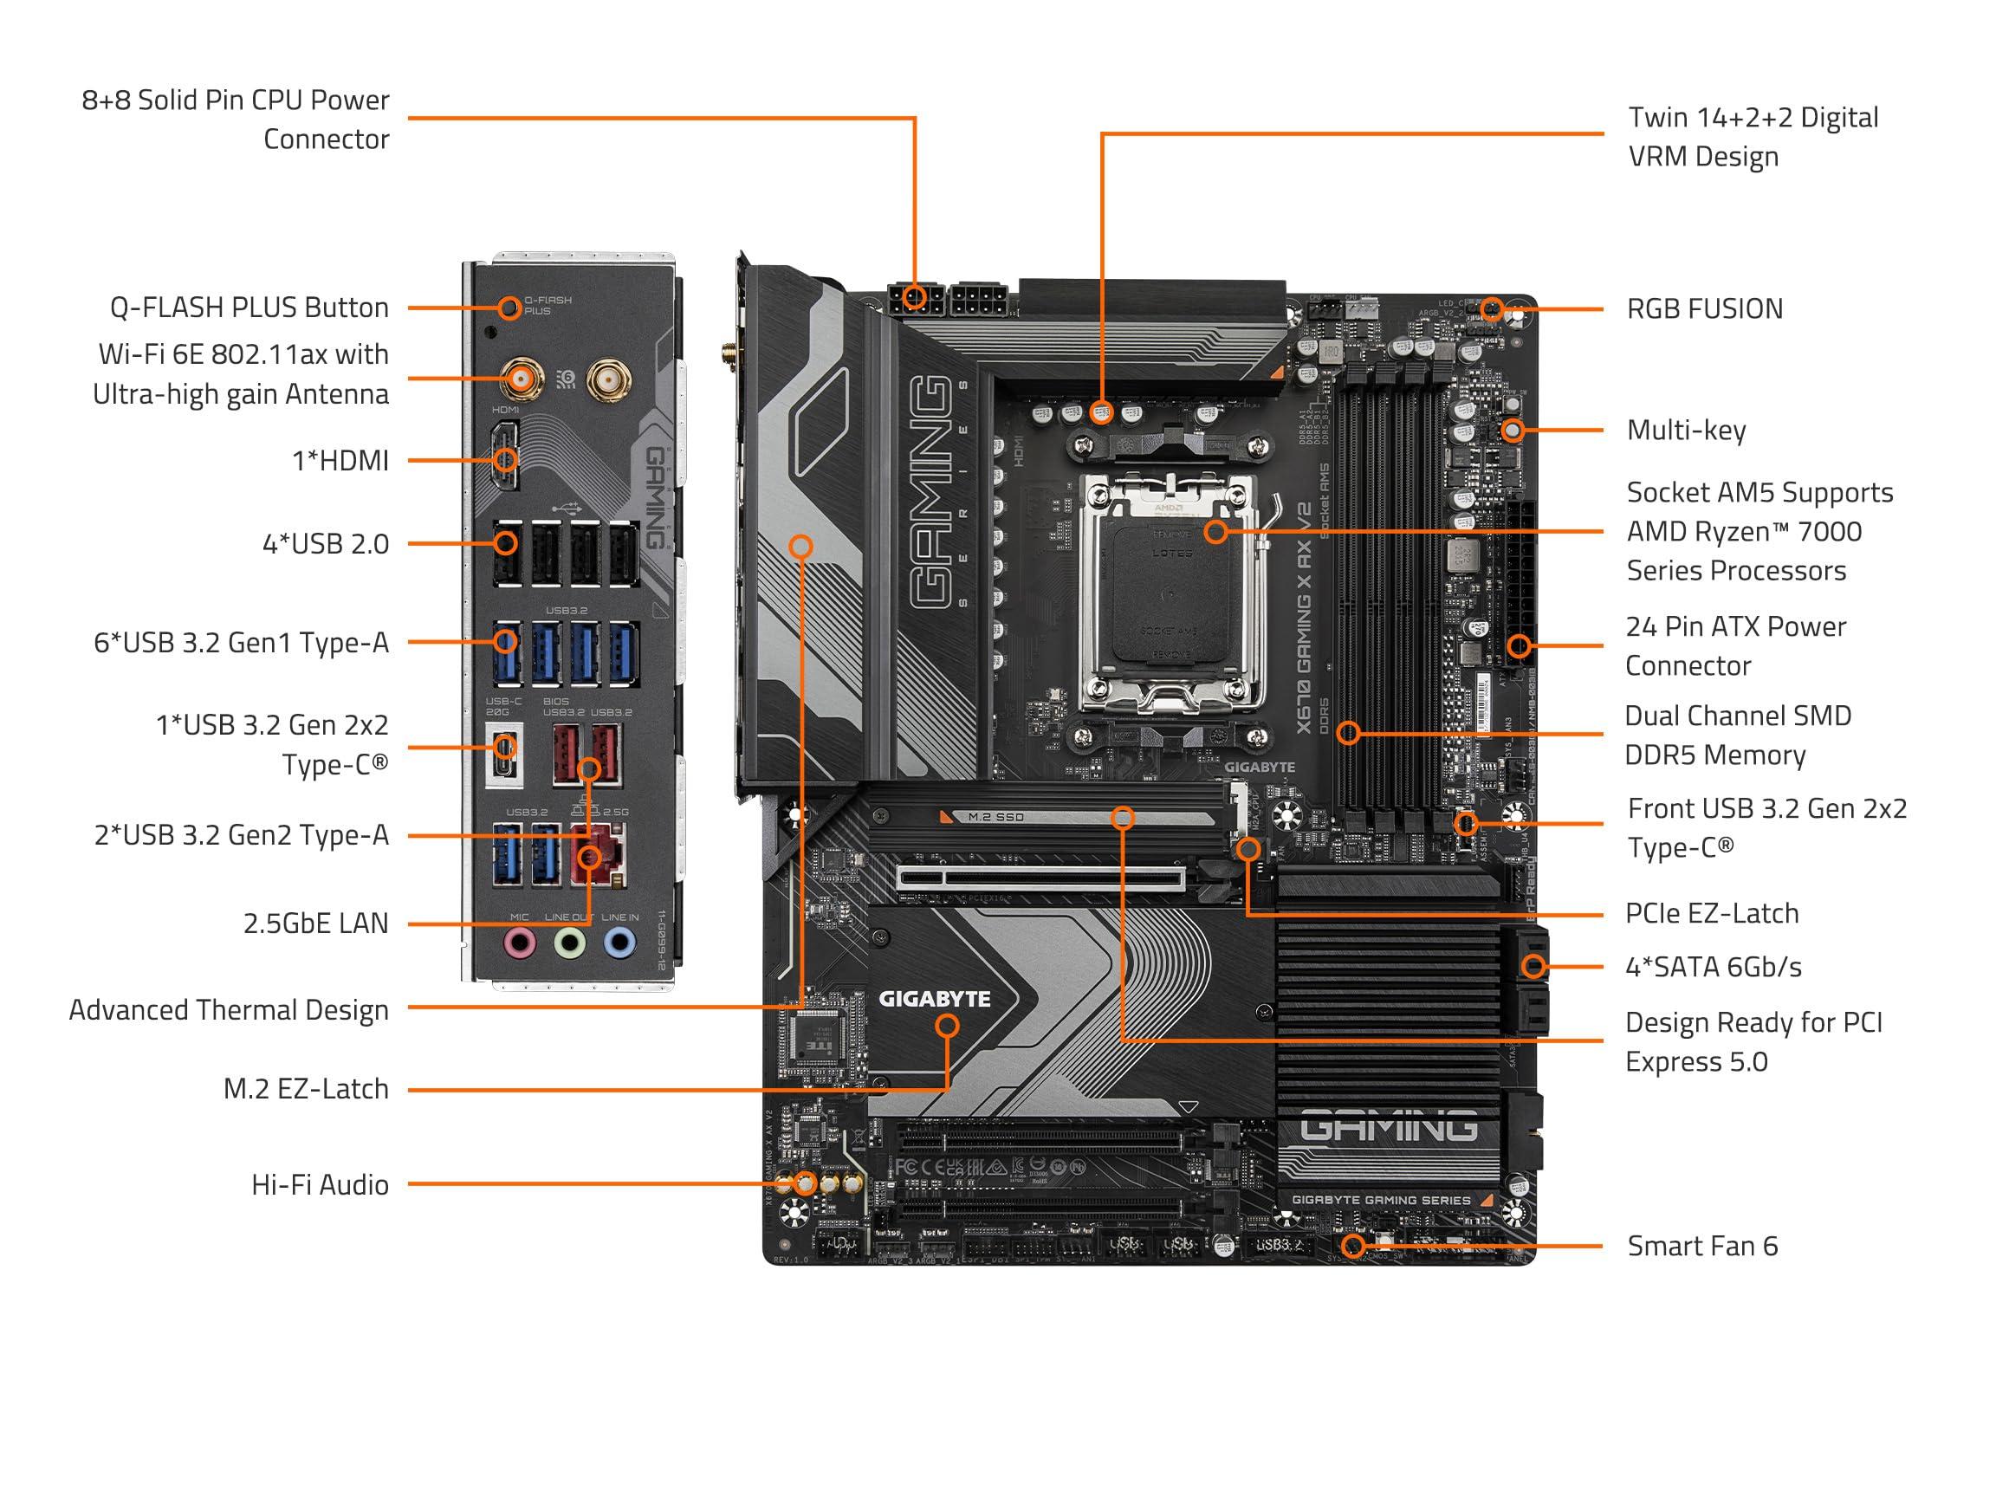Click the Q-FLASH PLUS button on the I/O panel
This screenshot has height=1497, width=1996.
click(x=509, y=308)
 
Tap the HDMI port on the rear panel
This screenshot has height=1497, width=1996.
click(x=504, y=461)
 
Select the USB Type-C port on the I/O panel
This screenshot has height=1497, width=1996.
click(x=504, y=747)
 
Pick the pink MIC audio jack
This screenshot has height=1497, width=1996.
click(x=519, y=945)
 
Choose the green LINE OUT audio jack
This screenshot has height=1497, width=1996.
click(x=569, y=945)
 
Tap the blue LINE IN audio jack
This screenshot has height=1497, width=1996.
click(x=619, y=945)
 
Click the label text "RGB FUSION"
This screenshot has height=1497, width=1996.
click(x=1705, y=309)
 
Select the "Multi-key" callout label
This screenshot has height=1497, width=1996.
click(x=1686, y=431)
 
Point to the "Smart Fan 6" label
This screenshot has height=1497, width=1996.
click(x=1701, y=1246)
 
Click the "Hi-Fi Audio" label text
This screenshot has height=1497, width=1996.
click(x=320, y=1185)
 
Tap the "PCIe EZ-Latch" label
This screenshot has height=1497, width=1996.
click(x=1711, y=913)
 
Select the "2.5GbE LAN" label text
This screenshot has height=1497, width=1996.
click(x=316, y=923)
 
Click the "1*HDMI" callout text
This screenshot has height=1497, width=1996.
click(x=340, y=461)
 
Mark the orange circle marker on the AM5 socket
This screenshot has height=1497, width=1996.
click(x=1215, y=531)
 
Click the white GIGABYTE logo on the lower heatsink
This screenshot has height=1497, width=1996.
click(x=934, y=999)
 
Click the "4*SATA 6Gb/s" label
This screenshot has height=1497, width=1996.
click(x=1713, y=968)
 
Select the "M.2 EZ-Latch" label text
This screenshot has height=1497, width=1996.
click(x=306, y=1089)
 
